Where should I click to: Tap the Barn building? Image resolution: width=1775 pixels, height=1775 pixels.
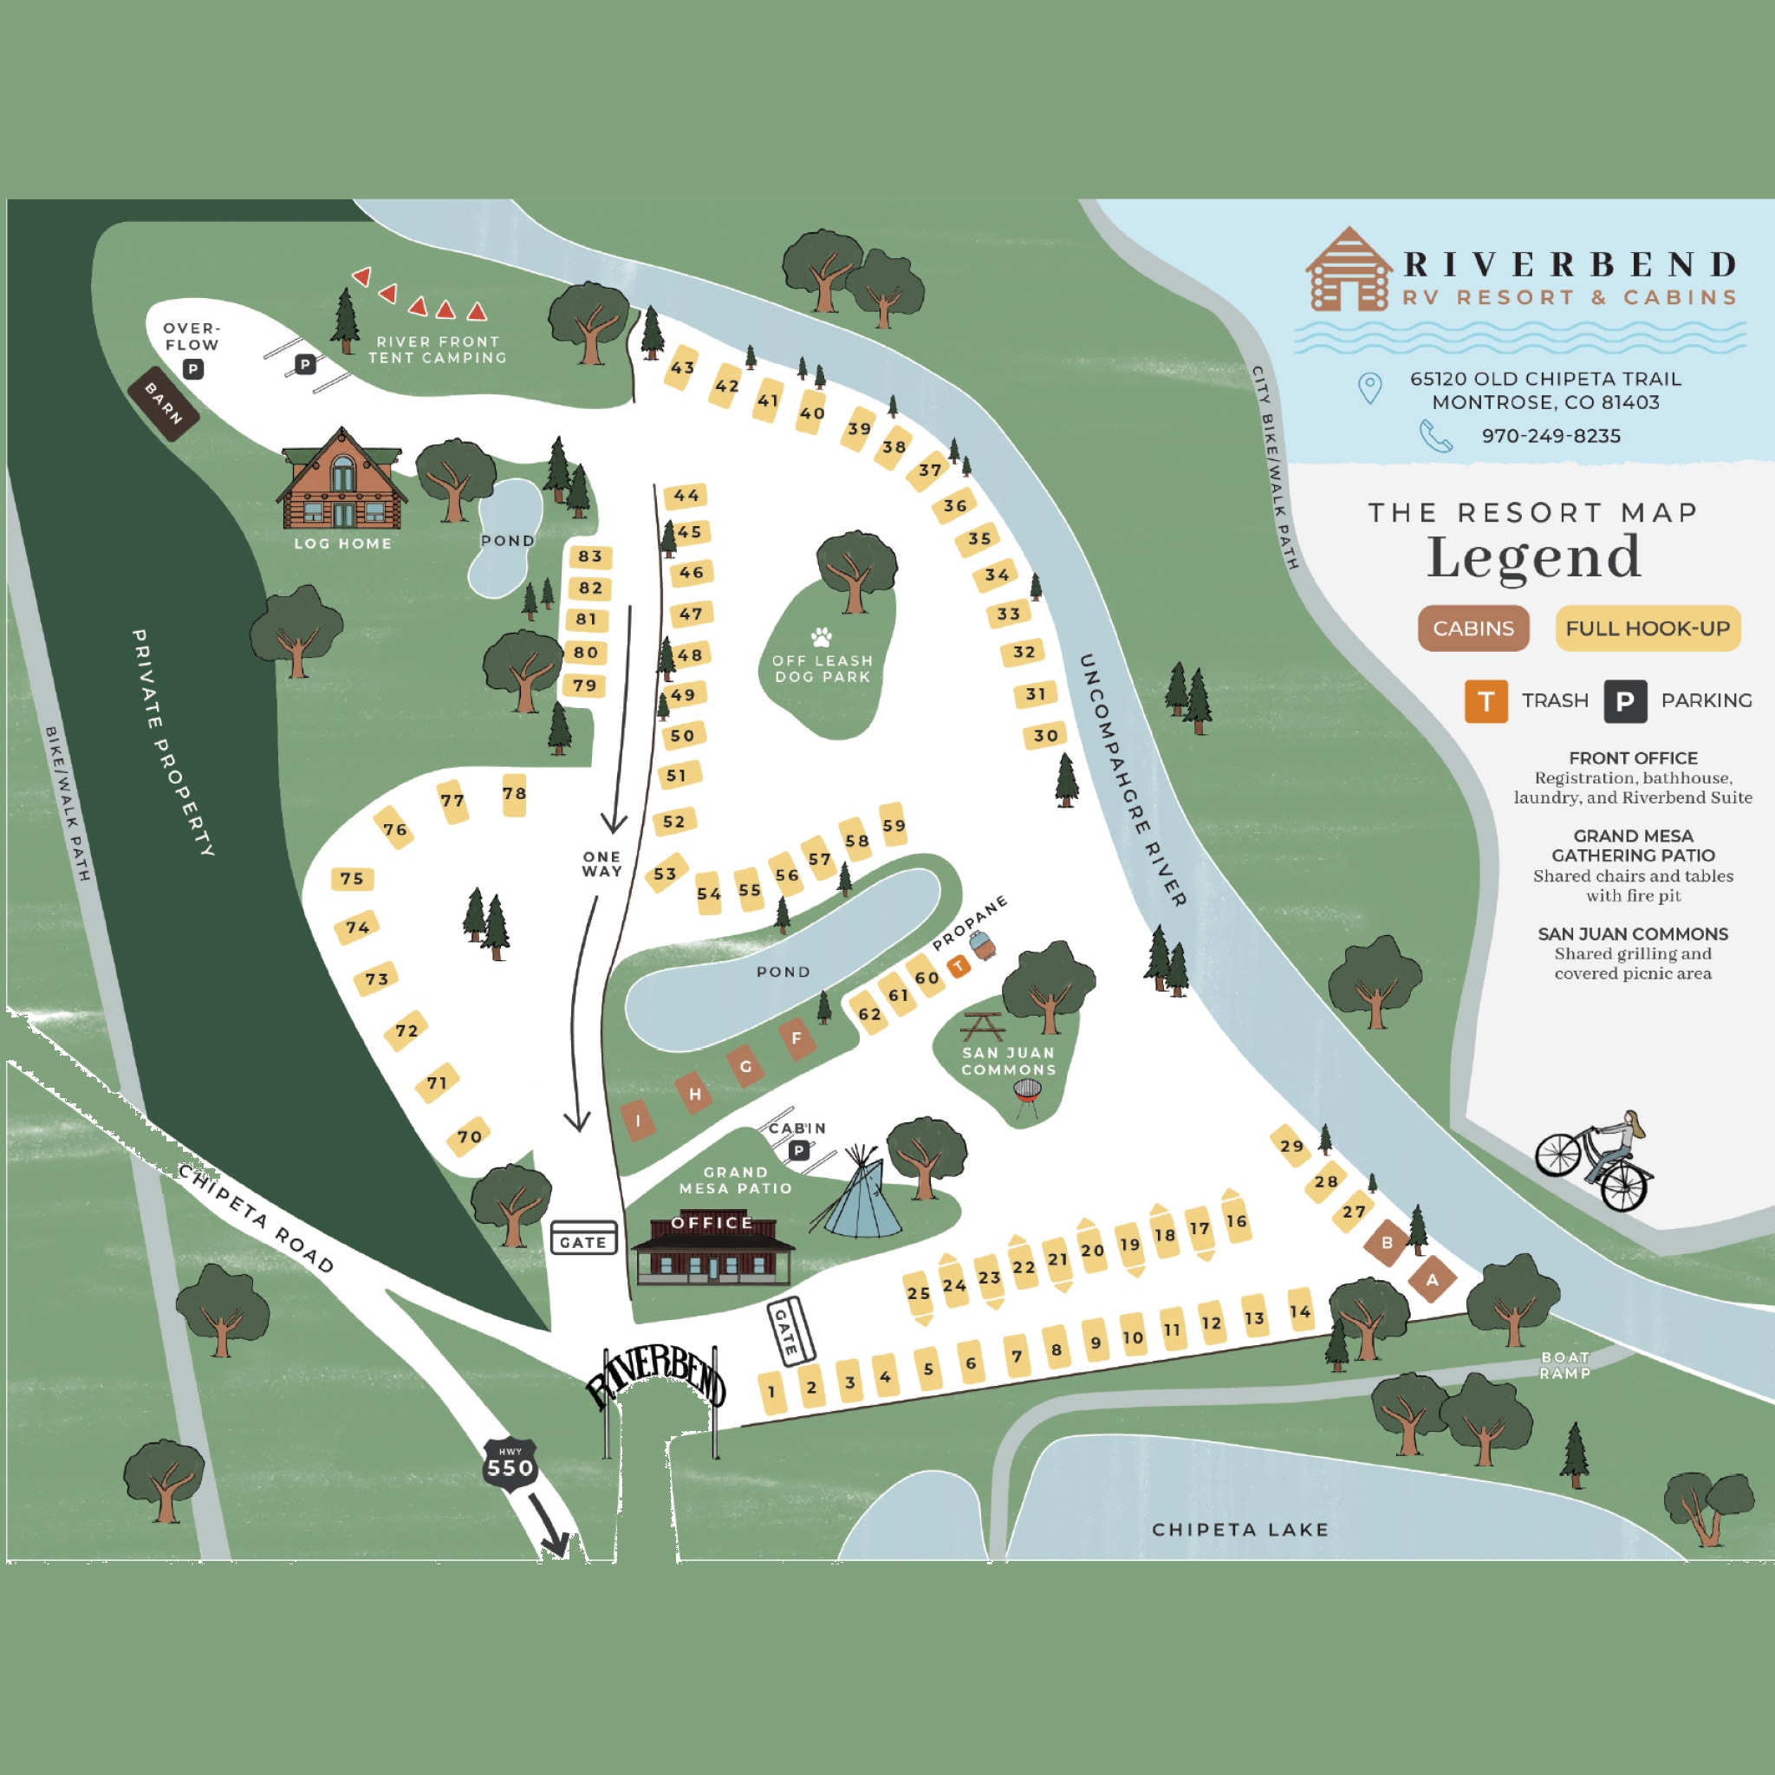165,404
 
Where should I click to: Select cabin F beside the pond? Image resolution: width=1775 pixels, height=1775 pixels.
796,1038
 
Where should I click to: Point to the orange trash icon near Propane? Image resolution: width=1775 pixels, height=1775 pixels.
959,966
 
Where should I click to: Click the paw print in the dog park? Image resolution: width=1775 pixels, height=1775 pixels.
822,636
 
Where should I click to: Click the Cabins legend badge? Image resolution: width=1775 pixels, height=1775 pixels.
1473,628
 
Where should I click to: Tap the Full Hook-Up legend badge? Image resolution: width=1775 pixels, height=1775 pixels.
1648,628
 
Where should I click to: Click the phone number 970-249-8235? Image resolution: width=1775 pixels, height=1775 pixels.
1551,435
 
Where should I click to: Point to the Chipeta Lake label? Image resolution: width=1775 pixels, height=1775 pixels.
1239,1530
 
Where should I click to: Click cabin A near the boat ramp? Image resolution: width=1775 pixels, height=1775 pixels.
1432,1280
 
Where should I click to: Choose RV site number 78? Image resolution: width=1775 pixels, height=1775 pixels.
515,795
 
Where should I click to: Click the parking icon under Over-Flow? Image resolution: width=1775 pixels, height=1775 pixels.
193,369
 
